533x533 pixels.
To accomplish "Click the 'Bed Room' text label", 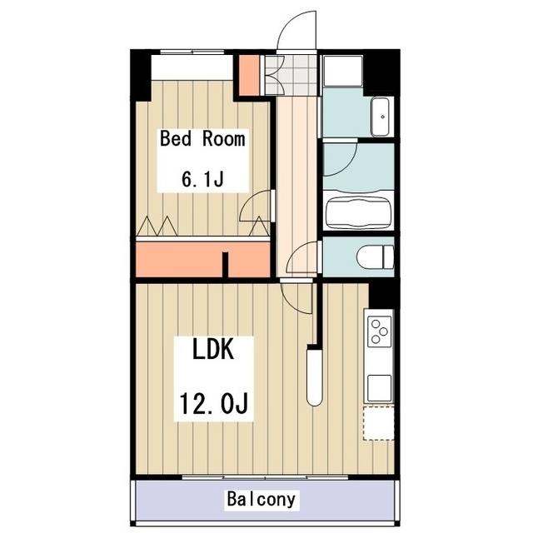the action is (202, 139).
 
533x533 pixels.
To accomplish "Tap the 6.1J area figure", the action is (202, 179).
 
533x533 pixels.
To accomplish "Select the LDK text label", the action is (213, 350).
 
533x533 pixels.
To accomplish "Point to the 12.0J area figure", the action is (213, 403).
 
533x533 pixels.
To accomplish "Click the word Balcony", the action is (261, 500).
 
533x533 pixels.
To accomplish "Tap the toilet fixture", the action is (376, 257).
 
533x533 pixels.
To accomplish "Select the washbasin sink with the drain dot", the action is (381, 117).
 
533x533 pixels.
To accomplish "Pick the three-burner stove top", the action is (380, 331).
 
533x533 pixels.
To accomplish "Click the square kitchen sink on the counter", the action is (380, 388).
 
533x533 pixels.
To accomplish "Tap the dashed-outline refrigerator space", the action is (379, 423).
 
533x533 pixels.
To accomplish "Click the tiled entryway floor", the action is (291, 75).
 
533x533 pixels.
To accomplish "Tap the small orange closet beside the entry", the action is (250, 75).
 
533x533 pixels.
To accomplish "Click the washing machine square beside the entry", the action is (342, 71).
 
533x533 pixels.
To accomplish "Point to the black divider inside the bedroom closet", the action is (225, 265).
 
